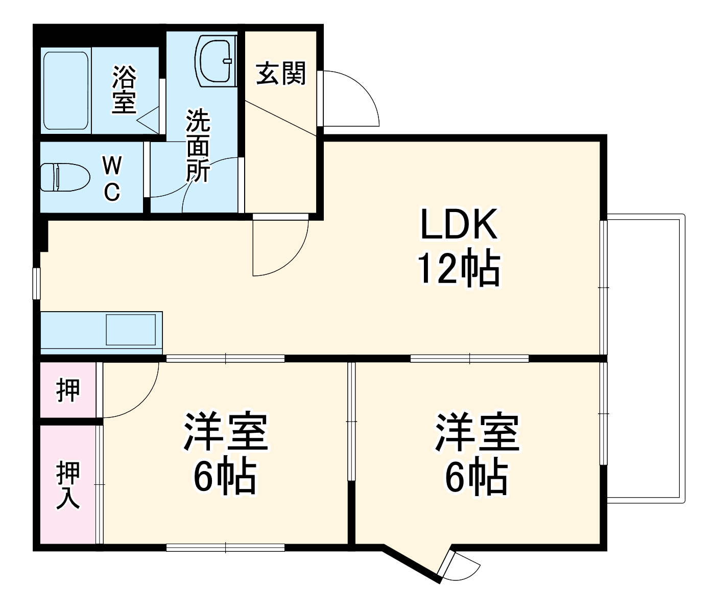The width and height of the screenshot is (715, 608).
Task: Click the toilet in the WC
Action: point(64,177)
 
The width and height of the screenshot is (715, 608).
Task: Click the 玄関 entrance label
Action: point(281,73)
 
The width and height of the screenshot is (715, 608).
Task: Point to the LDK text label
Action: point(458,225)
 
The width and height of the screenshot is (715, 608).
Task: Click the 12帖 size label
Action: point(458,268)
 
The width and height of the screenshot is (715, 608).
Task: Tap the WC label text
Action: point(112,178)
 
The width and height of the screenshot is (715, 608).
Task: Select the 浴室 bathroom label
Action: point(124,89)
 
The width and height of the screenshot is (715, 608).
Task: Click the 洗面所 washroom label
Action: point(197,146)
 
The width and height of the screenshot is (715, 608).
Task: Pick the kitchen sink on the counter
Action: point(131,330)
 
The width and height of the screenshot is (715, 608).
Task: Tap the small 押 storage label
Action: point(68,391)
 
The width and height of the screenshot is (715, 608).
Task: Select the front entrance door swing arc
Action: point(352,100)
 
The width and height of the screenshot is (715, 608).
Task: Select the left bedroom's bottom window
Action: point(225,547)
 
